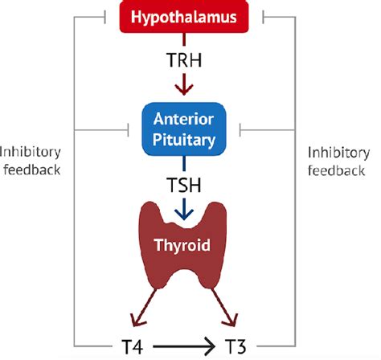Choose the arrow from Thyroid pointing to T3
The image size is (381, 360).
tap(227, 310)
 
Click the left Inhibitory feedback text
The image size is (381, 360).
tap(32, 161)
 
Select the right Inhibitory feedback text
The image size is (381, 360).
tap(340, 161)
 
